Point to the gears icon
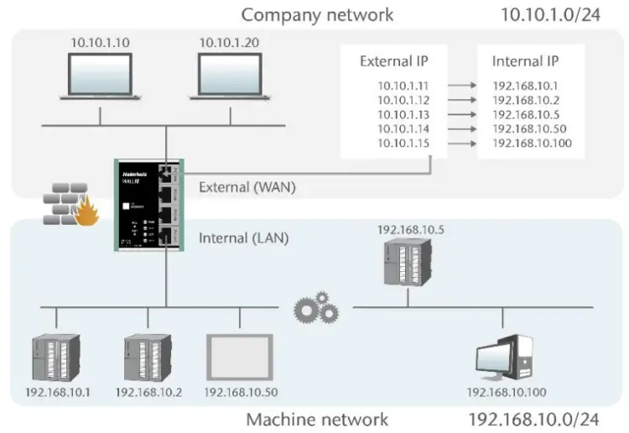click(315, 310)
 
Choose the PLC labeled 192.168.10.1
click(55, 357)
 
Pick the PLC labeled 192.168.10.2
click(148, 357)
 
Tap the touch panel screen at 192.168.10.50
click(240, 357)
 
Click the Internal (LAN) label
click(243, 237)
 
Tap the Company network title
click(317, 14)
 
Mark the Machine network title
click(317, 419)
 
